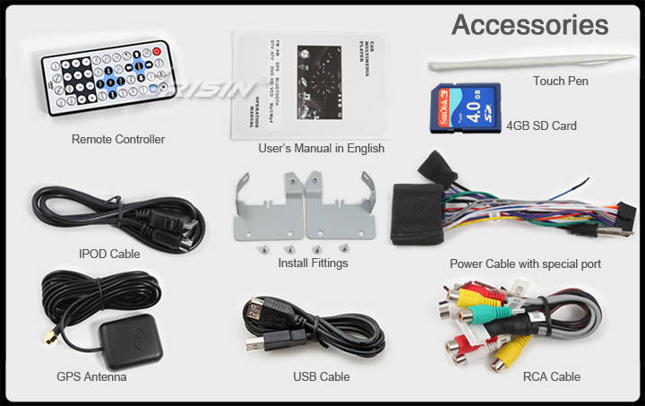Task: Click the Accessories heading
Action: click(x=529, y=24)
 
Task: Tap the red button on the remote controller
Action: click(x=158, y=52)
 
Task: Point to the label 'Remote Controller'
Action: click(x=117, y=139)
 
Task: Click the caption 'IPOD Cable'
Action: click(x=109, y=254)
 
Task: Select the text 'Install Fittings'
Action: click(x=313, y=263)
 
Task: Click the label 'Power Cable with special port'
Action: click(x=525, y=263)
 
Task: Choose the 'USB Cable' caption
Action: click(x=321, y=376)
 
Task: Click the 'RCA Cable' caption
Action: click(x=552, y=376)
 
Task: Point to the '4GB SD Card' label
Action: click(x=541, y=126)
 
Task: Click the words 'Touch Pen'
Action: click(x=561, y=81)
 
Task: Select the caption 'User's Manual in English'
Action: click(x=321, y=149)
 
